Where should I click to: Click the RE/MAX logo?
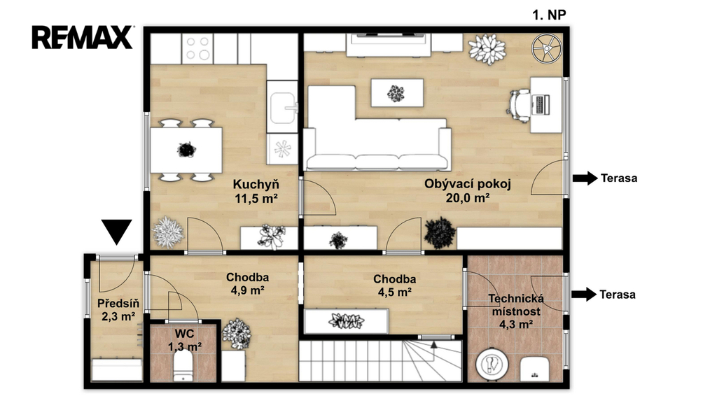click(83, 38)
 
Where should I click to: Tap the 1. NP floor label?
click(549, 15)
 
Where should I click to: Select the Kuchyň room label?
click(256, 185)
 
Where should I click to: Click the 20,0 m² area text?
click(468, 198)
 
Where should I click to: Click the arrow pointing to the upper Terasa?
click(585, 178)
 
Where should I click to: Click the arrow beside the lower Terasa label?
click(584, 295)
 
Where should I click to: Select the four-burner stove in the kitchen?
click(197, 49)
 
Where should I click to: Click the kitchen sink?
click(283, 108)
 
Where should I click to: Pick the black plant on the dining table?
click(186, 150)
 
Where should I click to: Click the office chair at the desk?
click(519, 106)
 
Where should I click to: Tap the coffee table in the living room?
click(397, 93)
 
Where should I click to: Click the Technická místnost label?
click(516, 305)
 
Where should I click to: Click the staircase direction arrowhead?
click(433, 344)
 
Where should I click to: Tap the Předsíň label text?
click(118, 304)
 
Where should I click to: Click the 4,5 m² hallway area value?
click(395, 292)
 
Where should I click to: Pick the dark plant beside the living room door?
click(440, 233)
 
